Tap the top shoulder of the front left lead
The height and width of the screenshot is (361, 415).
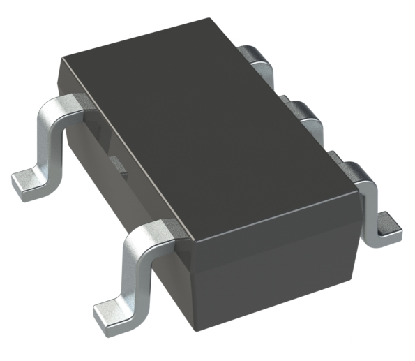(x=155, y=230)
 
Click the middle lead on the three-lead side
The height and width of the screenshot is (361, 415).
(x=307, y=115)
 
